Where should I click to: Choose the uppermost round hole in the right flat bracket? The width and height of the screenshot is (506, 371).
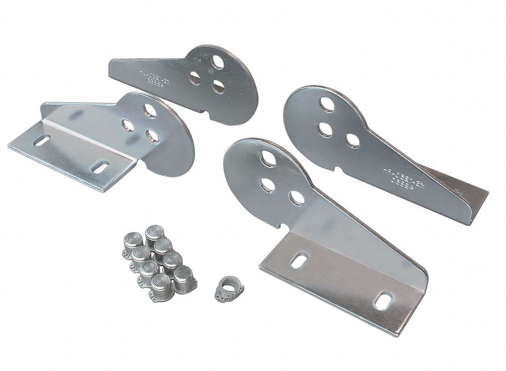(326, 104)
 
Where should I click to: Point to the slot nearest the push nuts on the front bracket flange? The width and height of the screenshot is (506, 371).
(299, 259)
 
